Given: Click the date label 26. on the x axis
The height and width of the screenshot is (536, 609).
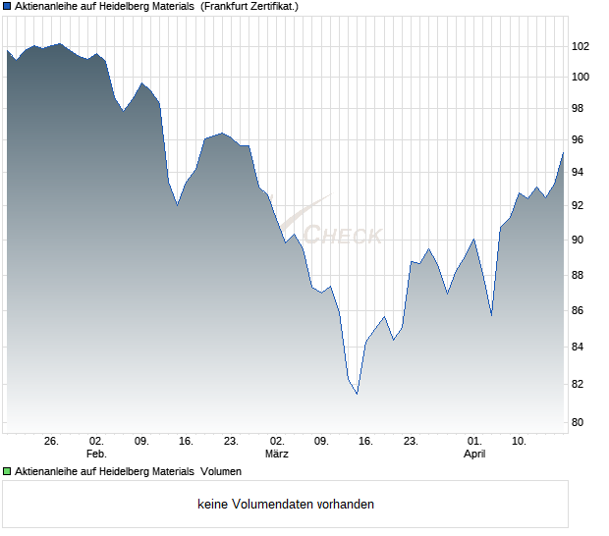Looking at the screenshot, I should point(52,442).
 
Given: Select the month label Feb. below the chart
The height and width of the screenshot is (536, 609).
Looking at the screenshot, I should point(96,455).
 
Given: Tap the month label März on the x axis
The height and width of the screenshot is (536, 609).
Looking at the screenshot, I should point(277,455).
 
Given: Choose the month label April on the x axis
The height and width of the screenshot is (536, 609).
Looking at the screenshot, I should point(474,455).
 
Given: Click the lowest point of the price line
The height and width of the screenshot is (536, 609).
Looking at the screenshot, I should point(357,393).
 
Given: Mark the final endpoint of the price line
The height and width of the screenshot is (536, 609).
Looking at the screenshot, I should point(563,152).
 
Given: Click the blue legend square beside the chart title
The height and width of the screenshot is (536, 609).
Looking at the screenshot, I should point(7,6).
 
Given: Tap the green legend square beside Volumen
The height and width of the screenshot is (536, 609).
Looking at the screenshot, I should point(7,472).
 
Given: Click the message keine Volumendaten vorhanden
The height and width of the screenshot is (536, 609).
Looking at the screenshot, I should point(286,505).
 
